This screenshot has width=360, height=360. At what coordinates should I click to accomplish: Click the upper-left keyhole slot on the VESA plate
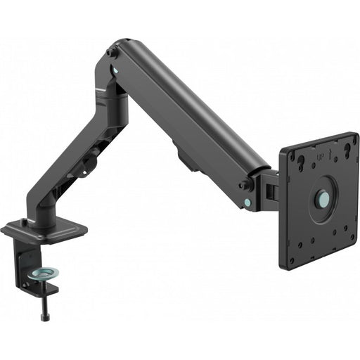point(300,164)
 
